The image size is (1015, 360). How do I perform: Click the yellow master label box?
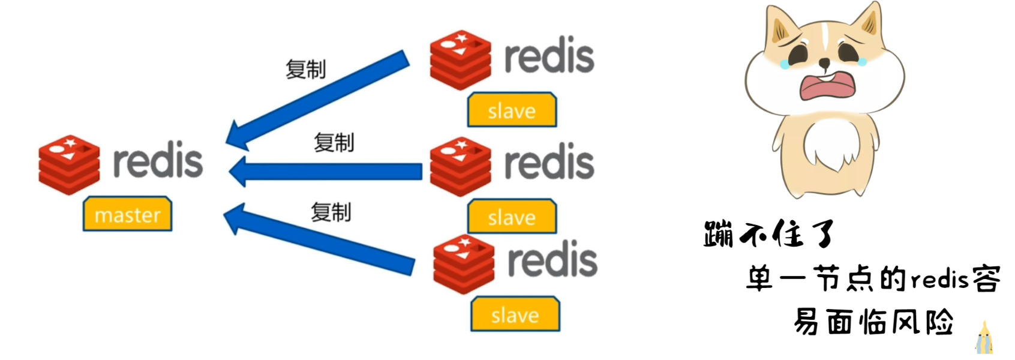127,214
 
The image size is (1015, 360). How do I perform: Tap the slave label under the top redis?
512,110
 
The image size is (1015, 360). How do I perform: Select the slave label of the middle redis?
512,217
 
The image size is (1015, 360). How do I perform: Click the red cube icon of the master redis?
69,164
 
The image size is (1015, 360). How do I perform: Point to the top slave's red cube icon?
460,60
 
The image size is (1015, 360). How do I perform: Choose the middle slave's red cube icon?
460,166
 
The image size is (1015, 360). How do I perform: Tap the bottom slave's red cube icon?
464,264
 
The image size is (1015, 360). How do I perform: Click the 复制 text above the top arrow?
305,70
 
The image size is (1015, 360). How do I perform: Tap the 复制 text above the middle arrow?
334,143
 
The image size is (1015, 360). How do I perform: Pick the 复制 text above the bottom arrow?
331,212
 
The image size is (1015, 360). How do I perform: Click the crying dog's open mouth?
828,86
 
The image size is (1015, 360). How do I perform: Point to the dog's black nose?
825,62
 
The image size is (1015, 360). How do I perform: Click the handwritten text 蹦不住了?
769,234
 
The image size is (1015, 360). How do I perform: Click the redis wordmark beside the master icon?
158,161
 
